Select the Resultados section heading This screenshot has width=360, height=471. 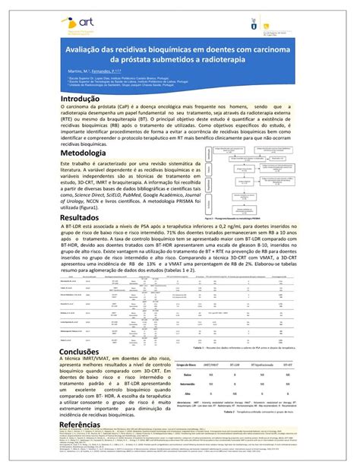pyautogui.click(x=79, y=218)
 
